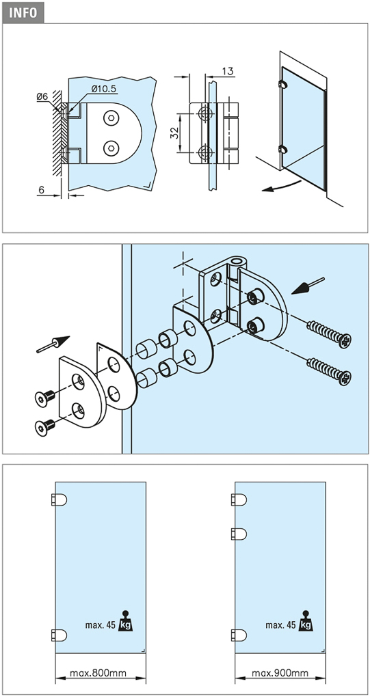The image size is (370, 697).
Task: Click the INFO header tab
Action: [x=23, y=12]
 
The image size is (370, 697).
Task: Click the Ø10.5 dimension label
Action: [x=104, y=89]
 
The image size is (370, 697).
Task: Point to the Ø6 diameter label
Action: [x=42, y=96]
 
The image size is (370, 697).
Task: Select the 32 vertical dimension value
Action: [x=175, y=133]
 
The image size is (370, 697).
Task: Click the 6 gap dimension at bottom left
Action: [x=41, y=189]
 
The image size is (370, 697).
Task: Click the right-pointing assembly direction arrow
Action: [x=53, y=344]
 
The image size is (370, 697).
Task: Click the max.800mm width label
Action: [x=98, y=673]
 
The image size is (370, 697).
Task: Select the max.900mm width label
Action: [x=280, y=673]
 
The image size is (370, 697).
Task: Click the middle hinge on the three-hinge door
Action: [x=239, y=534]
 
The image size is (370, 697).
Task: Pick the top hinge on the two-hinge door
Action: [x=59, y=500]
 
